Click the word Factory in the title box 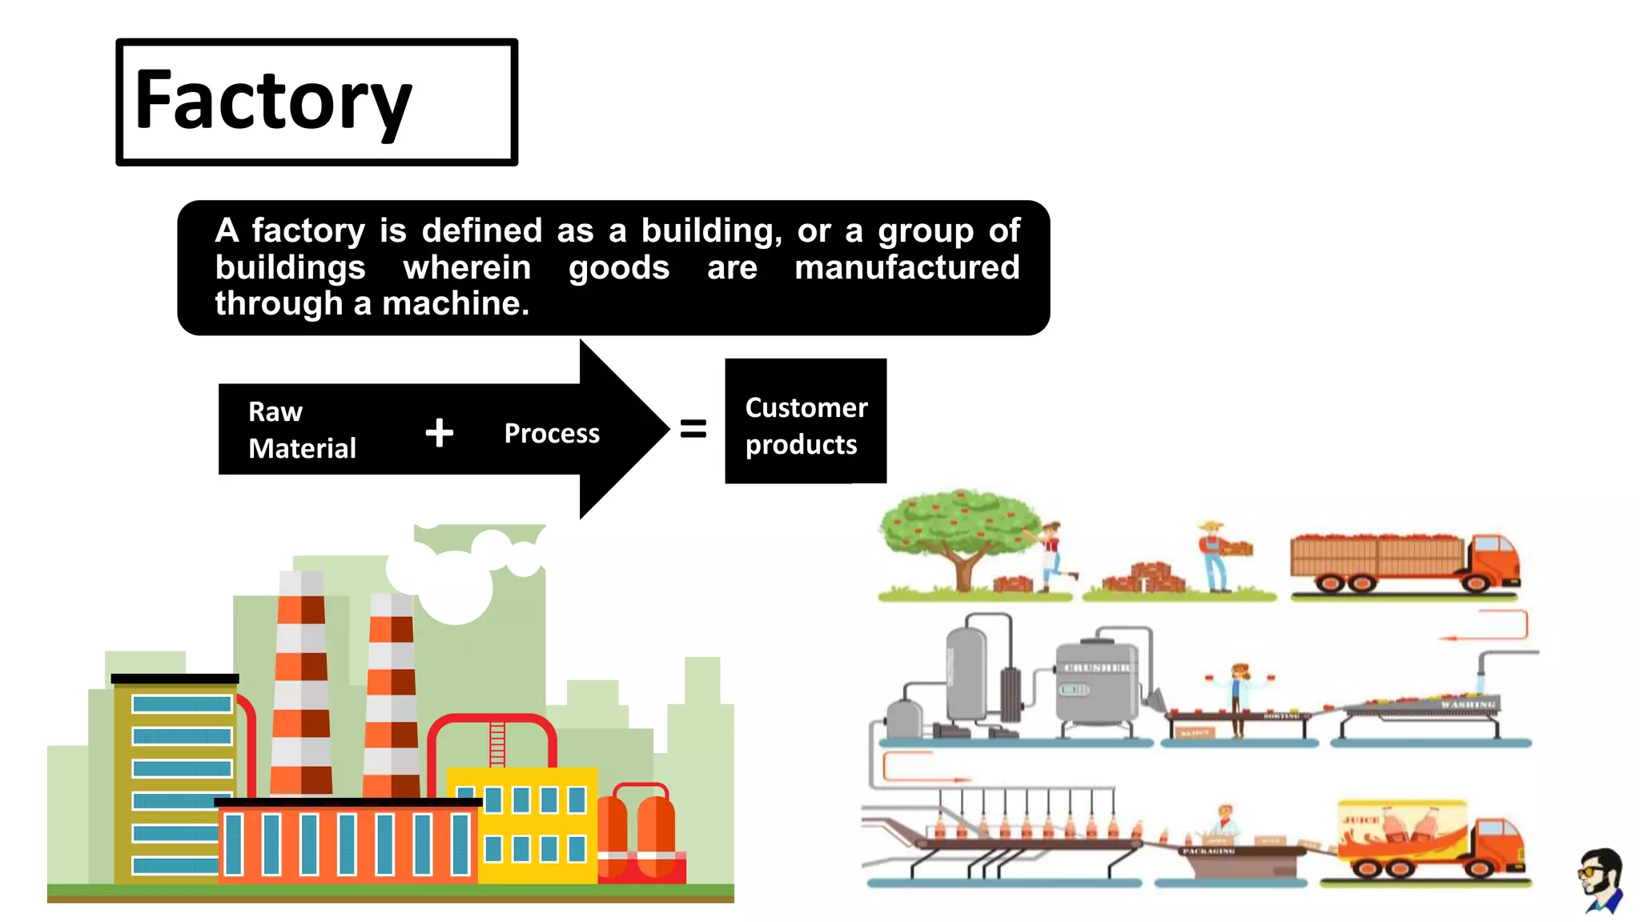click(273, 102)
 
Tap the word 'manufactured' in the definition click(906, 267)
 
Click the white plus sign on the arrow click(439, 433)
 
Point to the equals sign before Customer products click(693, 429)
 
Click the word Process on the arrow click(552, 433)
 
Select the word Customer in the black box click(806, 408)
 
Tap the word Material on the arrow click(302, 448)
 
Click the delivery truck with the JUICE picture click(1429, 839)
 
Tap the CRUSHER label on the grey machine click(1096, 668)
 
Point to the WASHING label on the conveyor click(1467, 704)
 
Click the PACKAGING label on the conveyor click(1208, 852)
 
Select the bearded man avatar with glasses click(1602, 880)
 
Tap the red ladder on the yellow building click(497, 744)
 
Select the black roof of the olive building click(175, 679)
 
